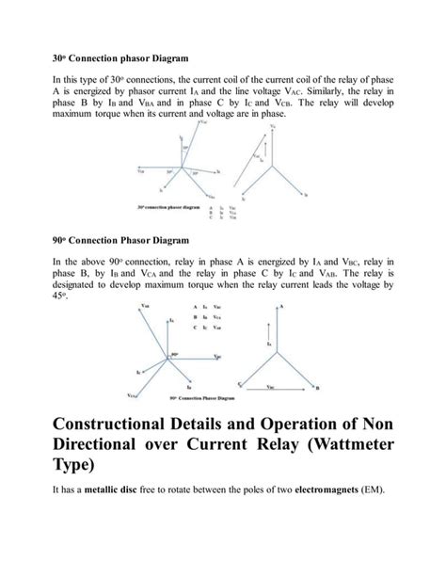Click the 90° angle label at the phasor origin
[x=175, y=354]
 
